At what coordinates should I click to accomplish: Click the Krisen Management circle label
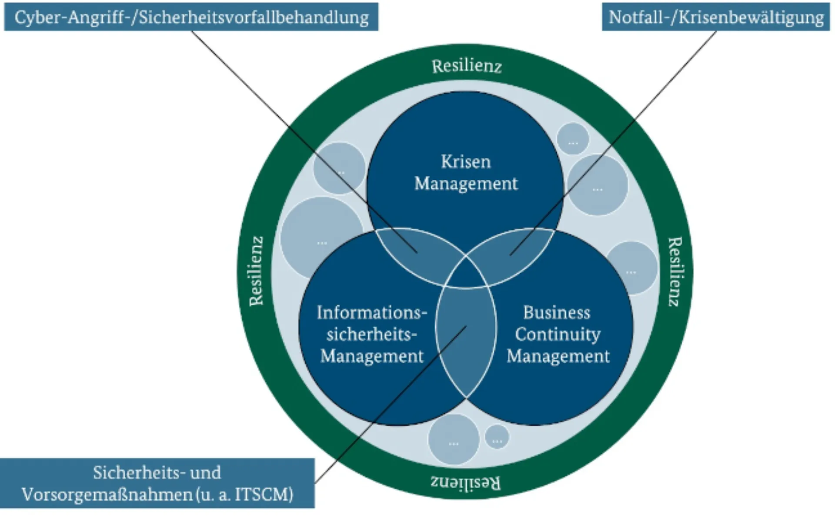click(x=466, y=173)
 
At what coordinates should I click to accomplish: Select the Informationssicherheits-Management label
click(x=372, y=334)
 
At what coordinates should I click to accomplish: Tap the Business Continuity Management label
click(x=558, y=334)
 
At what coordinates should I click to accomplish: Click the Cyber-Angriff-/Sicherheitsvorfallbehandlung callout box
click(x=191, y=17)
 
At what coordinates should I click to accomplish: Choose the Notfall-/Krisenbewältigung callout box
click(x=716, y=17)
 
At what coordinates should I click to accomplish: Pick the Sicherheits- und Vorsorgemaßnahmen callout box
click(x=157, y=483)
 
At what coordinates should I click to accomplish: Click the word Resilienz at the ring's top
click(x=466, y=66)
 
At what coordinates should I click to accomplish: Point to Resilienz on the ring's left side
click(x=256, y=271)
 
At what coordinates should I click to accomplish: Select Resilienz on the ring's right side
click(x=674, y=271)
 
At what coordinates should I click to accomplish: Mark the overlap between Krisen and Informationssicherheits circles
click(x=413, y=252)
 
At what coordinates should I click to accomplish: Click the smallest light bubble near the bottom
click(x=497, y=436)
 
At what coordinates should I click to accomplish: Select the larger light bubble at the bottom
click(x=453, y=439)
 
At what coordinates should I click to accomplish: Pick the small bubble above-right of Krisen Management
click(x=573, y=138)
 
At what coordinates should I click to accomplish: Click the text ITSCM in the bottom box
click(x=263, y=495)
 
